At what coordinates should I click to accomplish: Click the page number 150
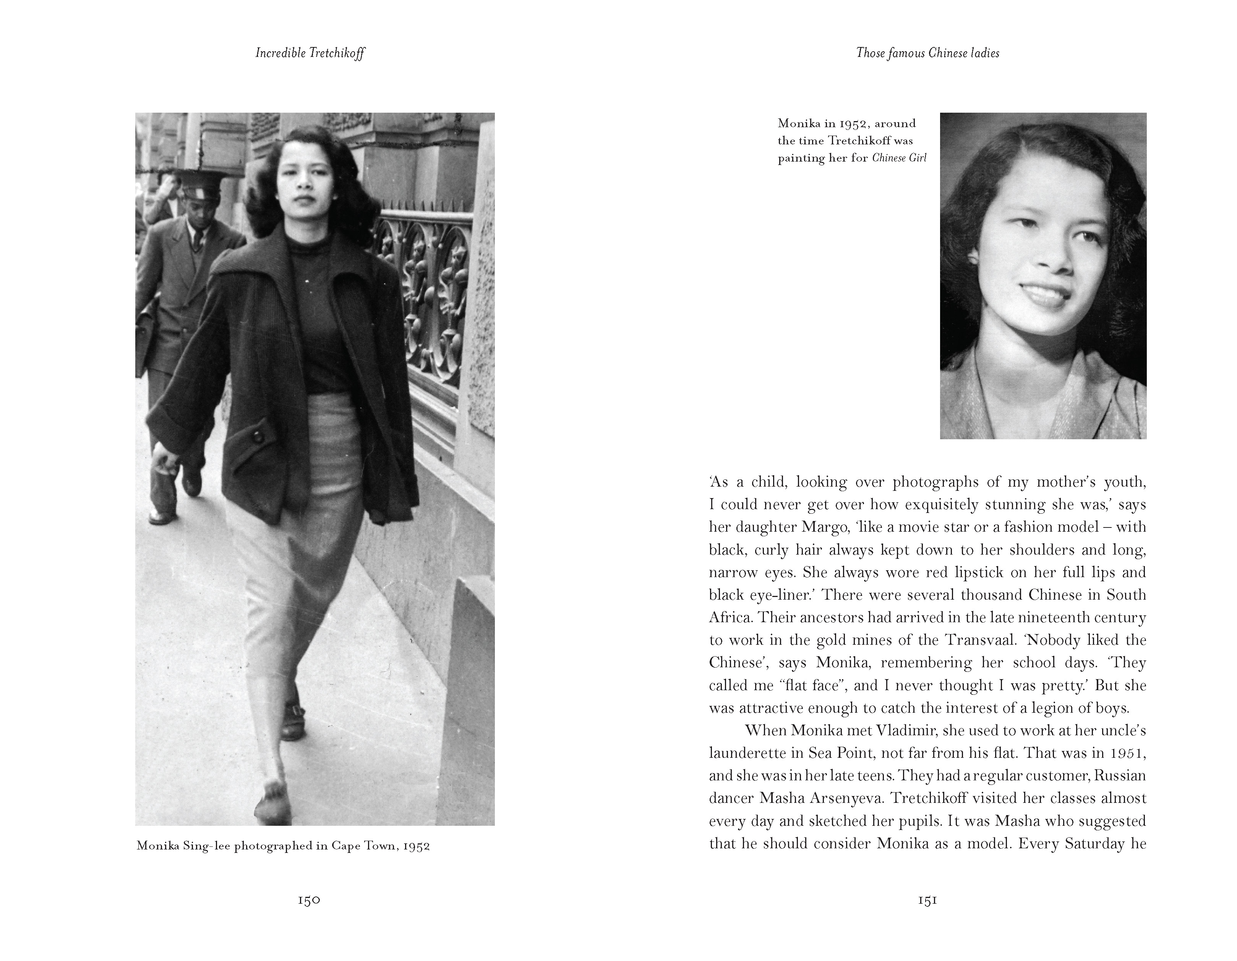[309, 900]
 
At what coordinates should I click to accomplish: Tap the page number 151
[927, 900]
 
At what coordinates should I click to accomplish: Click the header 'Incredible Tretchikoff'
[310, 53]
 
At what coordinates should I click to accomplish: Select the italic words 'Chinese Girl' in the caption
[899, 158]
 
